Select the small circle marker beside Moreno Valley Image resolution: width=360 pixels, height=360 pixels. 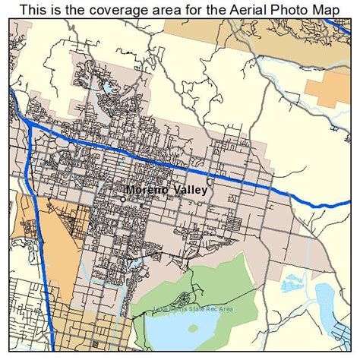pos(123,199)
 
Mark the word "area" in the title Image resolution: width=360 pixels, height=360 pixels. pos(157,10)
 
